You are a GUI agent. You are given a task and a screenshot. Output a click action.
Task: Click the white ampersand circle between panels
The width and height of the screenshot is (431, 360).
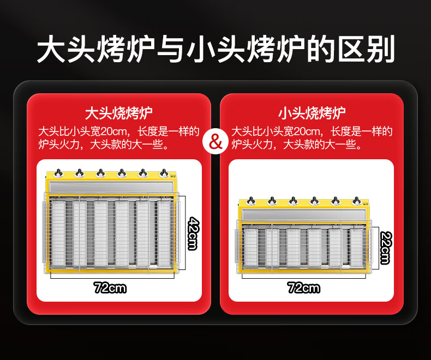click(x=215, y=142)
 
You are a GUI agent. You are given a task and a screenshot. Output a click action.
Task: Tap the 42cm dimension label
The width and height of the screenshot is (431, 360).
click(x=193, y=233)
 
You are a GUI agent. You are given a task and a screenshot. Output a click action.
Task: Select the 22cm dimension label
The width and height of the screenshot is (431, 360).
click(x=386, y=248)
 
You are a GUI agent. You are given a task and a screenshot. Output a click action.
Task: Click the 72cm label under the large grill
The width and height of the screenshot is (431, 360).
click(x=110, y=287)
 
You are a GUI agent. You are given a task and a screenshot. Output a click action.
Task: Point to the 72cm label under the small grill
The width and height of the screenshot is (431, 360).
click(x=304, y=287)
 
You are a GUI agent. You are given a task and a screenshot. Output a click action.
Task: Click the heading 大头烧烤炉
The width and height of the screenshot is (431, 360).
click(x=119, y=113)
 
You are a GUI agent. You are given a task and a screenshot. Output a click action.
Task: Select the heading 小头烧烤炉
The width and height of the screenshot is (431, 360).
click(x=312, y=113)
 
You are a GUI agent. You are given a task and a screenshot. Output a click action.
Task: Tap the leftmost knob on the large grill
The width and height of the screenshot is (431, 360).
click(x=58, y=173)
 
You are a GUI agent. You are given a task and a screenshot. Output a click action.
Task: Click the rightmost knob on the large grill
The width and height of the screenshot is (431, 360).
click(x=164, y=173)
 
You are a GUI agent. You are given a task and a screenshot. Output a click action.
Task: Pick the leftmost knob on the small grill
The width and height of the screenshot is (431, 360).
click(x=250, y=201)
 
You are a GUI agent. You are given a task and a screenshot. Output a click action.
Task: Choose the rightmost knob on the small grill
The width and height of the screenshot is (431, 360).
click(x=356, y=201)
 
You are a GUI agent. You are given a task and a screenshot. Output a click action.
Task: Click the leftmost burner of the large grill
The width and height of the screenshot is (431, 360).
click(x=58, y=233)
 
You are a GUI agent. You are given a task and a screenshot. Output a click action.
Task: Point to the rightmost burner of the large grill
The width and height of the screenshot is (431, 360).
click(x=164, y=233)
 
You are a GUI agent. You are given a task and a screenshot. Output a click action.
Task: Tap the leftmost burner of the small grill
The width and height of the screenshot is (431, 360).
click(x=250, y=247)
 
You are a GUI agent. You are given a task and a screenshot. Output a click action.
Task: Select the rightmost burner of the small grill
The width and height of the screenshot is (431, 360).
click(x=356, y=247)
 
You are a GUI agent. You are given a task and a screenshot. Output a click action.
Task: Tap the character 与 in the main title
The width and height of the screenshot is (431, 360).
click(x=170, y=49)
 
